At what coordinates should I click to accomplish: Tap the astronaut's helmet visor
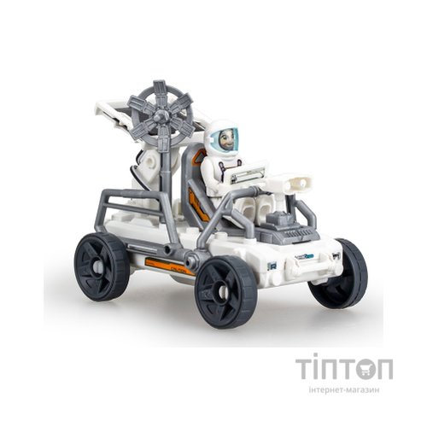223,138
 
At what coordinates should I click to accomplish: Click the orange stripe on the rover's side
161,263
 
